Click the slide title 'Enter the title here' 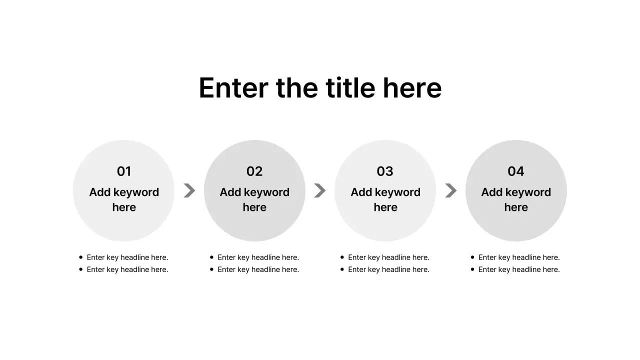320,88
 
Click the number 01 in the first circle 124,171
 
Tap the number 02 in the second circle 254,171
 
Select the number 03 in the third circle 385,171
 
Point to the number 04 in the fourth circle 516,171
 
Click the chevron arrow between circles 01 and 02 189,190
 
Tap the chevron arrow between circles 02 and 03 320,190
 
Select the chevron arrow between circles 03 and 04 450,190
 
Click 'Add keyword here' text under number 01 124,199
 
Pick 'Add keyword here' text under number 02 254,199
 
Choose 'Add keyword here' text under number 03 385,199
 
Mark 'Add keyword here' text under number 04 516,199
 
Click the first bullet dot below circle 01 81,257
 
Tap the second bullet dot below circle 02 211,269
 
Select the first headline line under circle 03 388,257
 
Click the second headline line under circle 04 519,269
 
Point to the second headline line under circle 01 127,269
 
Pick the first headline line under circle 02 258,257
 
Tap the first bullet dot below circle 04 472,257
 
